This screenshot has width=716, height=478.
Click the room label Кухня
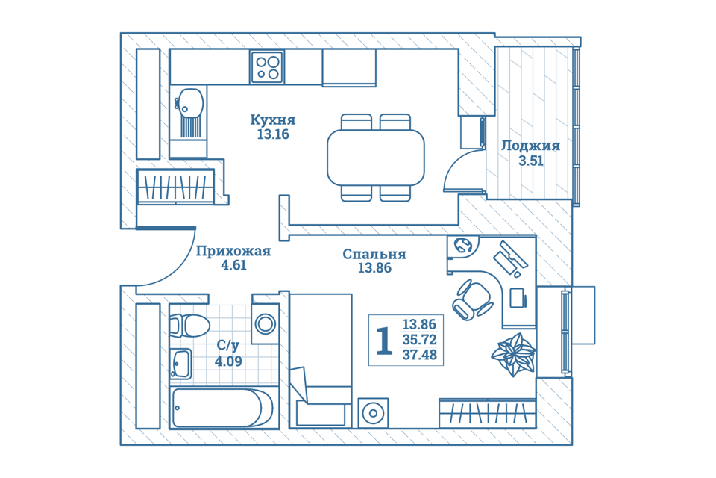(x=273, y=119)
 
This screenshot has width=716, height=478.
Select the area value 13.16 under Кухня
(x=273, y=134)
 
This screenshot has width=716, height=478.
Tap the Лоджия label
(x=530, y=146)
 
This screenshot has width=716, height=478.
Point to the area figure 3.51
(x=530, y=161)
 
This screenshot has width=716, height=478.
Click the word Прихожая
(x=233, y=251)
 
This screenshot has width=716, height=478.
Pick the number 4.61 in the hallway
(x=233, y=265)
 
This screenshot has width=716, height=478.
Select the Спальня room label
(x=374, y=255)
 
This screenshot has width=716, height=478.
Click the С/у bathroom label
(x=228, y=346)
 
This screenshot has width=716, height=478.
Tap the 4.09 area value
(x=228, y=361)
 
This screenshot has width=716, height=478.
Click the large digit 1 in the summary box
(x=384, y=341)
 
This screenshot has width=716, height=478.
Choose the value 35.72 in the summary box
(x=419, y=340)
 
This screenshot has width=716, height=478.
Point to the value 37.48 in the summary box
(x=419, y=355)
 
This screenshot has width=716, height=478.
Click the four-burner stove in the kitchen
(x=267, y=67)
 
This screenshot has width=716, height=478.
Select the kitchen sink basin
(x=190, y=102)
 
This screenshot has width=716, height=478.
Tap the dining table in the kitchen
(x=375, y=158)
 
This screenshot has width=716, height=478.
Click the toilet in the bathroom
(x=189, y=326)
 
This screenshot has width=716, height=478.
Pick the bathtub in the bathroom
(x=223, y=408)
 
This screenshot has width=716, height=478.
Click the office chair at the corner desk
(x=472, y=299)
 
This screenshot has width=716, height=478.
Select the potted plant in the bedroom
(x=514, y=354)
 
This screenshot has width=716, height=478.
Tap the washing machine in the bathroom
(x=266, y=323)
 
